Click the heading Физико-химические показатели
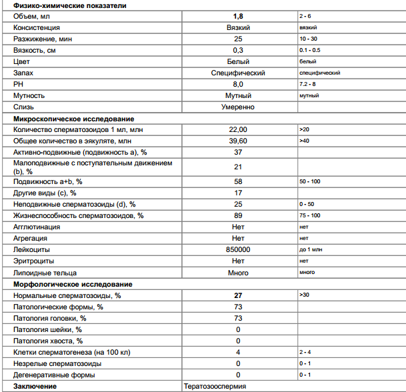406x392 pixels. (x=61, y=5)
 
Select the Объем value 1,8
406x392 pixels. (x=238, y=16)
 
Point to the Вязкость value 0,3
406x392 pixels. (x=238, y=50)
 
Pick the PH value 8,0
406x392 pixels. (x=238, y=84)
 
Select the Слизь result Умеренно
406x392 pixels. (x=238, y=107)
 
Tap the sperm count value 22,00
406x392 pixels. (x=238, y=129)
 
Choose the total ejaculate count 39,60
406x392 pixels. (x=238, y=141)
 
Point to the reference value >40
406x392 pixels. (x=305, y=141)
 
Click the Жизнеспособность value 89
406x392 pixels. (x=238, y=215)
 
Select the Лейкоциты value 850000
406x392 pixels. (x=238, y=249)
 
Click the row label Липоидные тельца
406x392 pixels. (x=45, y=272)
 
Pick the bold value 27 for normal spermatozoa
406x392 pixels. (x=238, y=295)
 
